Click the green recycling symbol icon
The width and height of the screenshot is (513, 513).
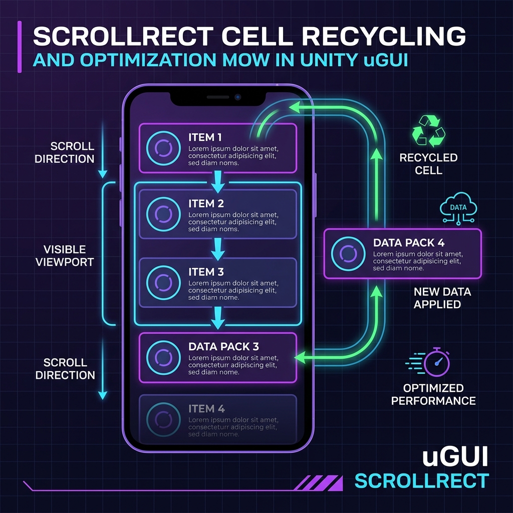[429, 131]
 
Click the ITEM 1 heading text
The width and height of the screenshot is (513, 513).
[205, 137]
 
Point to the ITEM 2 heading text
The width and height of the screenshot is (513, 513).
[206, 204]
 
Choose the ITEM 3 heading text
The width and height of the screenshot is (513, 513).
[206, 272]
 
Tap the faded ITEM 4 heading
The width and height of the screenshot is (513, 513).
[206, 409]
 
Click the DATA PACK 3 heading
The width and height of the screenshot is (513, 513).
[223, 347]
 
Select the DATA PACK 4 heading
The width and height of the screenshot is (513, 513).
[409, 243]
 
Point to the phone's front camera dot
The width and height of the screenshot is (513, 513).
[238, 97]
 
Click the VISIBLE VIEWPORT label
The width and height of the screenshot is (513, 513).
[65, 256]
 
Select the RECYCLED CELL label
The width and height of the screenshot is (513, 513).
[429, 164]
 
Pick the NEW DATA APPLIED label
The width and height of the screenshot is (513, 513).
[442, 298]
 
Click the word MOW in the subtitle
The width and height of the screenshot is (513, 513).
[245, 60]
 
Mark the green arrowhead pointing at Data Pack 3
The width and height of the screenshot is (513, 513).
[300, 357]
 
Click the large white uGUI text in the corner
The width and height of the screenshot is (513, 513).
[455, 457]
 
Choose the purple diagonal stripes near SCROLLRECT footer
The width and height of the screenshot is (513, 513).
[318, 483]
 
